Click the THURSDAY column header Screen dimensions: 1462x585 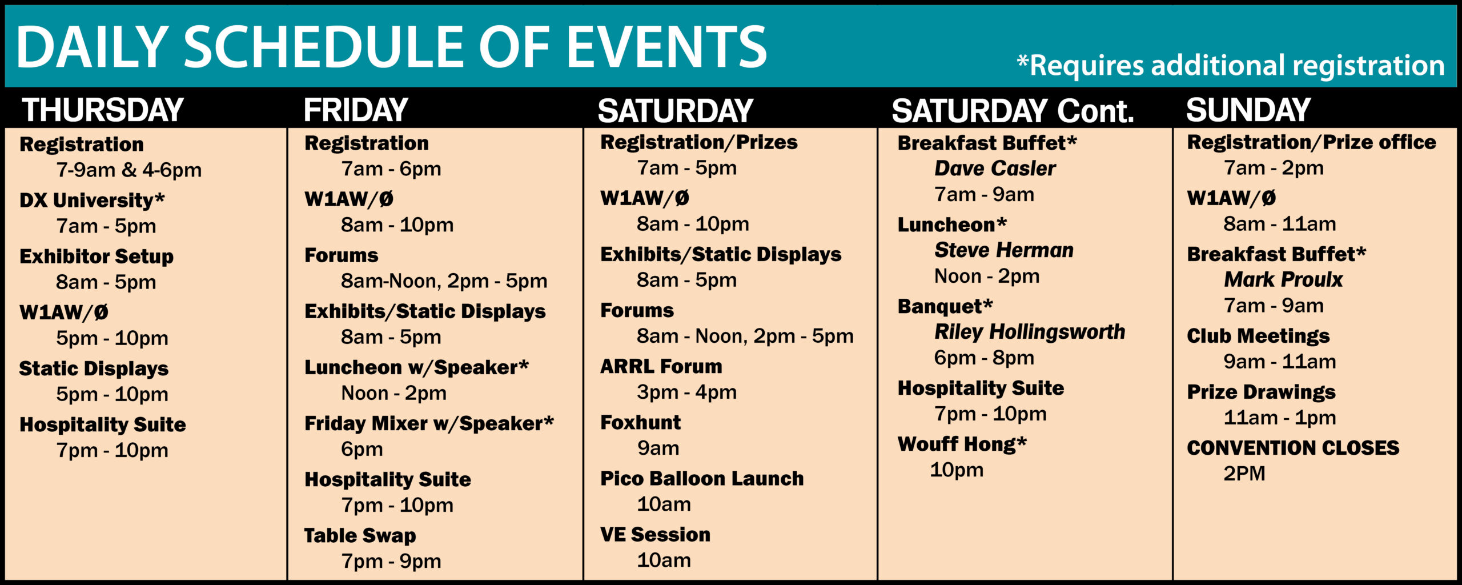(x=103, y=110)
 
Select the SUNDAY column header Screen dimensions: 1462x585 (x=1248, y=110)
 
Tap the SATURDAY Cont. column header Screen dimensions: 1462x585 (x=1013, y=110)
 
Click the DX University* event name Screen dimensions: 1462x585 (x=92, y=200)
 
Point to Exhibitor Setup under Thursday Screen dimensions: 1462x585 (x=97, y=257)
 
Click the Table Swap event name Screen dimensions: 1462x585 (x=360, y=535)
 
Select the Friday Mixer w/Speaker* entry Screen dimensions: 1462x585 (x=429, y=423)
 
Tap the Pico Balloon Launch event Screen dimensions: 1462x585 (x=702, y=478)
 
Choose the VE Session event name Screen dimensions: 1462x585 (x=655, y=534)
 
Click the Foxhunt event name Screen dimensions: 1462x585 (x=640, y=422)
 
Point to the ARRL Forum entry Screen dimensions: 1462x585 (x=661, y=366)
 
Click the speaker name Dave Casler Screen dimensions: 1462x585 (x=995, y=169)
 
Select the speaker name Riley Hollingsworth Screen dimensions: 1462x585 (x=1030, y=332)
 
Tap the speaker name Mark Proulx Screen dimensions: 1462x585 (x=1283, y=279)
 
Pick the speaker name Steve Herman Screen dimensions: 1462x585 (x=1003, y=250)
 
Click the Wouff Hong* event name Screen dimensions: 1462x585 (x=962, y=444)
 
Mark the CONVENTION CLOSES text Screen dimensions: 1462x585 (x=1293, y=448)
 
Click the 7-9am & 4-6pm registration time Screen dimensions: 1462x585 (x=128, y=170)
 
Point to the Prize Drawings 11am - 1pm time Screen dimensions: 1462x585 (x=1279, y=418)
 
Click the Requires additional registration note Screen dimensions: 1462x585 (x=1231, y=66)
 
